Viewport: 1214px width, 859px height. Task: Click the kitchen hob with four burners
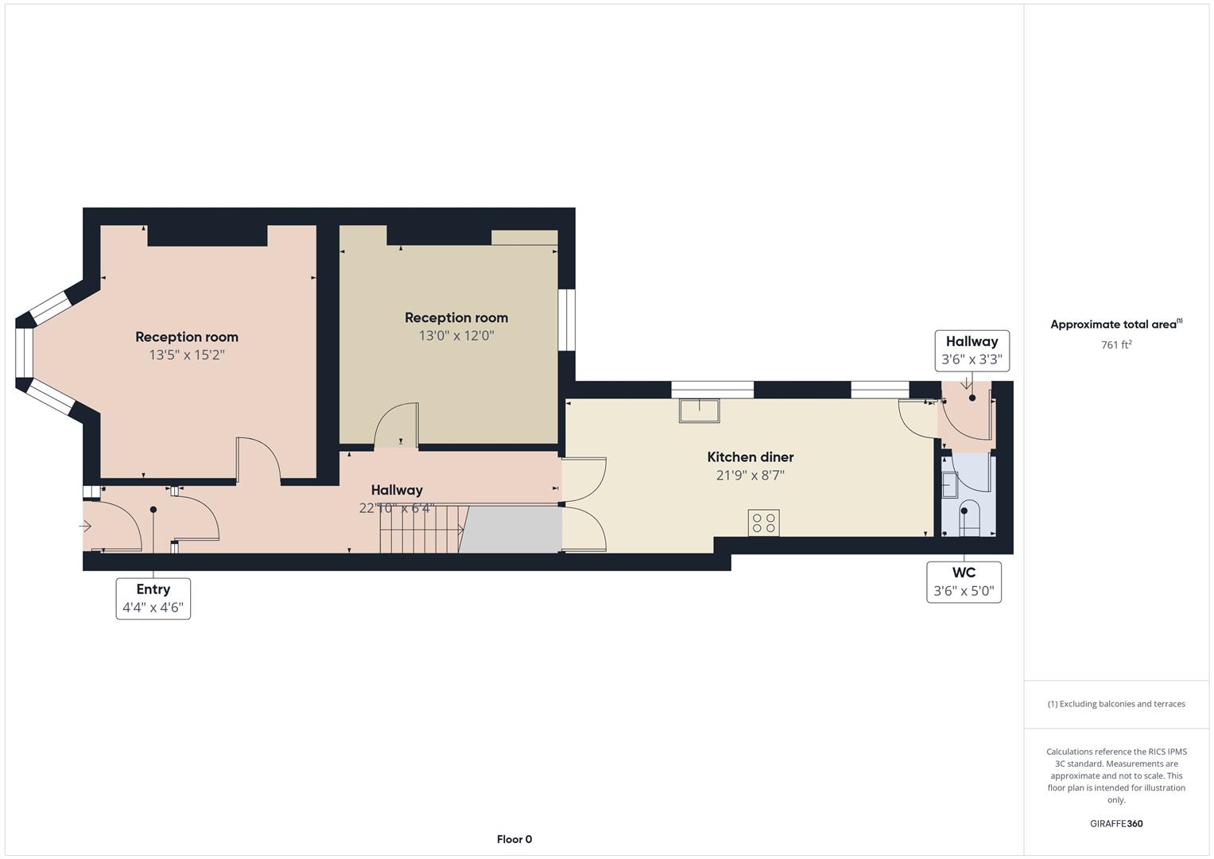pos(763,523)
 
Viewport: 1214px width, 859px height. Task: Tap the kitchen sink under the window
pos(699,410)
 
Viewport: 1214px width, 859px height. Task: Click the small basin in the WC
pos(949,485)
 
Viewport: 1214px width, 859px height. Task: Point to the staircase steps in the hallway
pos(421,528)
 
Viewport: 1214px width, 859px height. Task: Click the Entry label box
pos(153,598)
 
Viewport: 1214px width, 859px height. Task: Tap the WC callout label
pos(964,582)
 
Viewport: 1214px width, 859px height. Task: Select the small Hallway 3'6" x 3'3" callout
pos(972,350)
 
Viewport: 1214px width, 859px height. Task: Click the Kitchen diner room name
pos(750,457)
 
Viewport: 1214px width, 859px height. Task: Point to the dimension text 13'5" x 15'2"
pos(187,355)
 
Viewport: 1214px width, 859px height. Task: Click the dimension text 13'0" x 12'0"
pos(456,336)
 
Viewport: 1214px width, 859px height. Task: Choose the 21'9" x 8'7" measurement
pos(750,476)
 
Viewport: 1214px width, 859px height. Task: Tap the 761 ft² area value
pos(1115,344)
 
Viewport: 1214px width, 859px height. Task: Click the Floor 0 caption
pos(514,839)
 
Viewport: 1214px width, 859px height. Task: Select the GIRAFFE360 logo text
pos(1115,823)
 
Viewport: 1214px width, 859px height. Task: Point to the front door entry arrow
pos(86,526)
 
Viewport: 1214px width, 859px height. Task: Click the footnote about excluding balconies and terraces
pos(1115,704)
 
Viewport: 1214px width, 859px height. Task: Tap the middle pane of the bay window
pos(25,352)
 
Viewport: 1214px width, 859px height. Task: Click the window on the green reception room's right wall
pos(566,319)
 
